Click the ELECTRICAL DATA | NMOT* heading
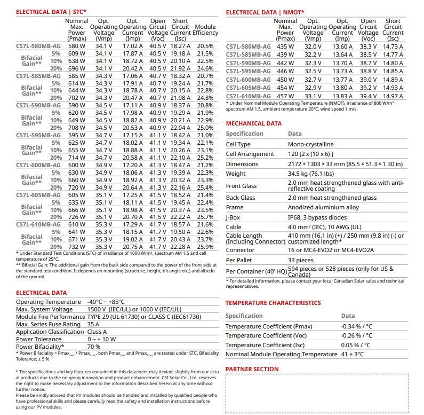coord(265,12)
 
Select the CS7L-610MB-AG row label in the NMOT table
coord(248,96)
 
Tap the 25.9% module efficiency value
coord(205,247)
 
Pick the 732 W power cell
coord(76,247)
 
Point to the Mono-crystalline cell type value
coord(311,144)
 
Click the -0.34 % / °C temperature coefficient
coord(357,326)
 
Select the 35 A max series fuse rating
coord(93,324)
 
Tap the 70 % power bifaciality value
coord(94,347)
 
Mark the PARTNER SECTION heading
coord(252,369)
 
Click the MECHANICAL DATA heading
coord(253,123)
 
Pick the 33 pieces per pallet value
coord(301,260)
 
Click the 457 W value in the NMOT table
coord(285,96)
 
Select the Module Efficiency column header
coord(205,30)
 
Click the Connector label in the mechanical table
coord(240,250)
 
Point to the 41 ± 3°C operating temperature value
coord(352,354)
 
